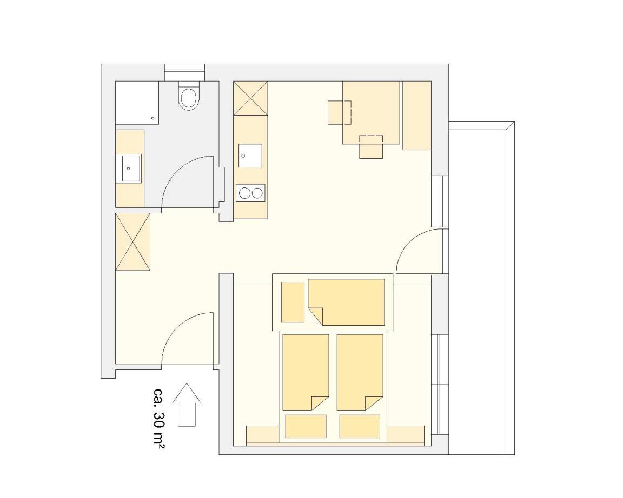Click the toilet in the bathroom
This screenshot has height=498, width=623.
[188, 96]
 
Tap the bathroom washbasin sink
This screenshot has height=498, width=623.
[131, 168]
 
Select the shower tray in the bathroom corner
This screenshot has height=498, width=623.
[137, 103]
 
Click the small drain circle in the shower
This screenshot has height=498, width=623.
[153, 118]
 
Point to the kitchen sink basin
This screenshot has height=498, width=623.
[250, 156]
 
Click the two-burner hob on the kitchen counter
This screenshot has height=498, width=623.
[250, 193]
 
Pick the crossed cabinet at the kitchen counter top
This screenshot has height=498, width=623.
[251, 98]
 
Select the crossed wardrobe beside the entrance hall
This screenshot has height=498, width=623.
[132, 242]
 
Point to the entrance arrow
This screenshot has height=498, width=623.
[187, 405]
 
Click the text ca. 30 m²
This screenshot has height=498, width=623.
[159, 418]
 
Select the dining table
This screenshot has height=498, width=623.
[371, 112]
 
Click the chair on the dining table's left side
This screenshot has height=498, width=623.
[339, 113]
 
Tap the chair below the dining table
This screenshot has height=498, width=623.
[371, 147]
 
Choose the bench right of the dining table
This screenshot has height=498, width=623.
[417, 116]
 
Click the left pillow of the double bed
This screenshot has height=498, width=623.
[306, 427]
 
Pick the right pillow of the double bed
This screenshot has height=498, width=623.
[360, 427]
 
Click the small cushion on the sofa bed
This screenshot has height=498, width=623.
[293, 302]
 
